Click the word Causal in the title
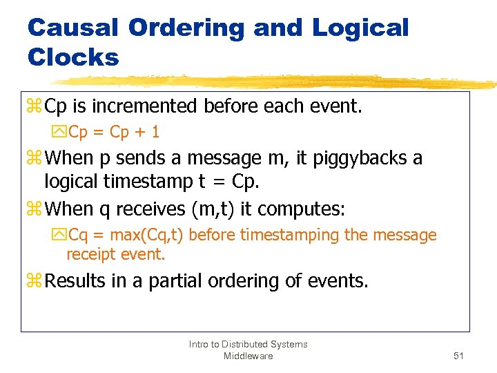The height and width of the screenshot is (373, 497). tap(72, 28)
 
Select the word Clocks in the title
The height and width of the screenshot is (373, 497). tap(72, 57)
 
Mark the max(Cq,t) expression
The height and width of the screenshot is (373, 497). tap(146, 236)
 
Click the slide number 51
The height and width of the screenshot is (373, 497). tap(458, 356)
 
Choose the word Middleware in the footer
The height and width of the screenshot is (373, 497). tap(248, 356)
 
